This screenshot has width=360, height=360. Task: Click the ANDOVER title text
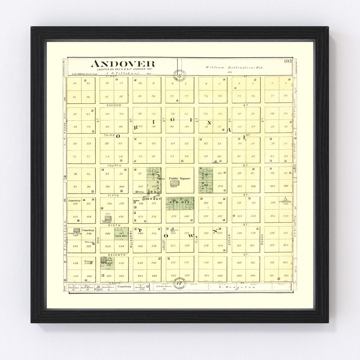[x=123, y=63]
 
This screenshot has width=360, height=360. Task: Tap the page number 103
[x=288, y=61]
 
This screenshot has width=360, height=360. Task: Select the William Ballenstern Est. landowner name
[x=234, y=67]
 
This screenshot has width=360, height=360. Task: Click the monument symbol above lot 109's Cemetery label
[x=285, y=198]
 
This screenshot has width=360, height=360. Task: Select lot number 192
[x=285, y=276]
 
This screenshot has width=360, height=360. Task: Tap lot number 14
[x=74, y=83]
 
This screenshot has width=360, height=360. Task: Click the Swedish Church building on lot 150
[x=77, y=230]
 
